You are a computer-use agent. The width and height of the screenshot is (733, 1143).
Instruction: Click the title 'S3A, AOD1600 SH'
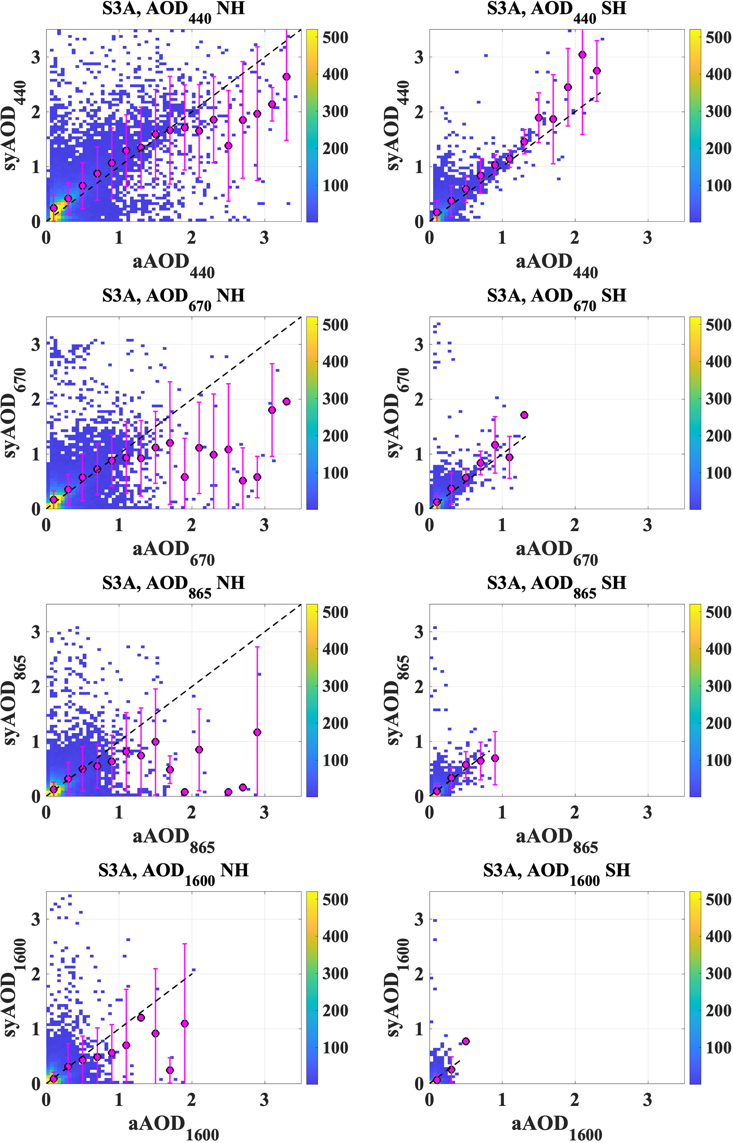tap(556, 871)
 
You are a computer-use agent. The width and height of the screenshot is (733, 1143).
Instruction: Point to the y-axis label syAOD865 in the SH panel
tap(398, 700)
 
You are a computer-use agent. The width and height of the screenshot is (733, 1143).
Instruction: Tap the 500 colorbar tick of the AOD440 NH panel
tap(335, 38)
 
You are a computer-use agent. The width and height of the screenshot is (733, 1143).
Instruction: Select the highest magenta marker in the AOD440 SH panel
tap(582, 55)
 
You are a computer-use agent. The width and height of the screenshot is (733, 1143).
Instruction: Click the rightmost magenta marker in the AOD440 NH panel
tap(287, 77)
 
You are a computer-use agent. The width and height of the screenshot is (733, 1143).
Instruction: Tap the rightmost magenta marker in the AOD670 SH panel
tap(524, 415)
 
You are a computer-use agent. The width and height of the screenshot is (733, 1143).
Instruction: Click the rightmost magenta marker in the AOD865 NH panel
tap(257, 732)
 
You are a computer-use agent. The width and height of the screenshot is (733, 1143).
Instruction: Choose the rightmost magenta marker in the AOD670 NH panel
tap(287, 401)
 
